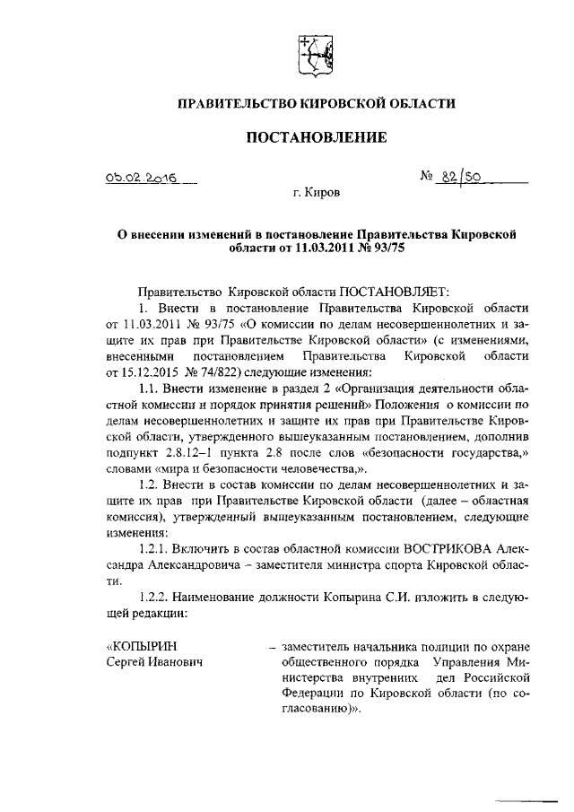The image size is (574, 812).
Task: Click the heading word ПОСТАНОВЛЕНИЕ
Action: (x=317, y=137)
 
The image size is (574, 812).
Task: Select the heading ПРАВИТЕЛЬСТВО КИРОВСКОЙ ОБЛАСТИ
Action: (x=317, y=104)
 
